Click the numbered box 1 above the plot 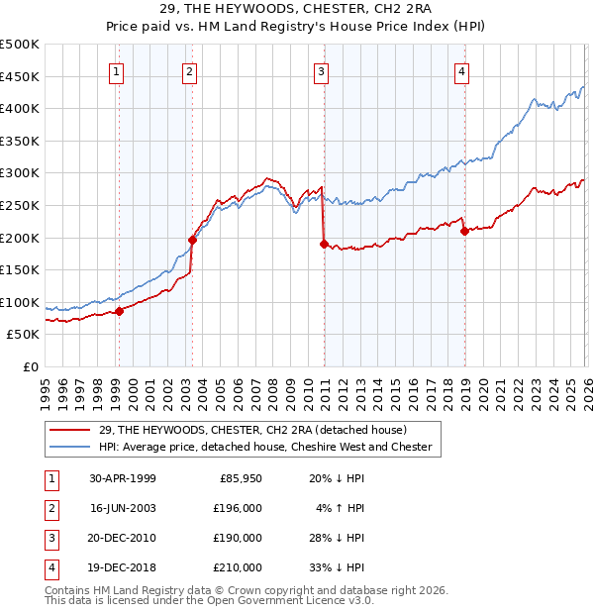[x=117, y=70]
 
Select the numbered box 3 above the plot [x=322, y=70]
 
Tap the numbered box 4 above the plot [x=462, y=70]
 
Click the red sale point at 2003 [x=192, y=239]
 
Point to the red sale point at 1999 [x=120, y=311]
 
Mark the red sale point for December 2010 [x=324, y=244]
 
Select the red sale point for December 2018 [x=464, y=231]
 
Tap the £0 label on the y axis [x=30, y=366]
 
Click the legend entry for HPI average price [x=264, y=447]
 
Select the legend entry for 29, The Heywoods [x=259, y=429]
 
